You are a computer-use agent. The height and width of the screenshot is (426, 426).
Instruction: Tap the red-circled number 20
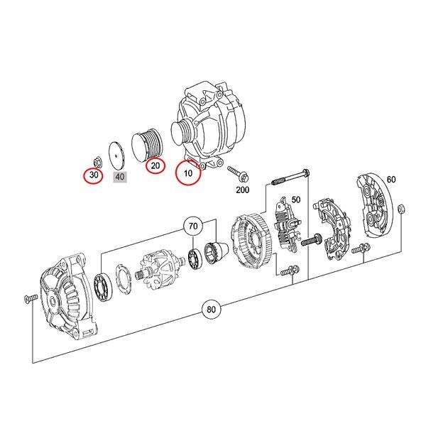point(153,167)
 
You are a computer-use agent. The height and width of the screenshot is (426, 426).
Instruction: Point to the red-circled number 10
point(188,173)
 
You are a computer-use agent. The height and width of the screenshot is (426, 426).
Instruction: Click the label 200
point(242,190)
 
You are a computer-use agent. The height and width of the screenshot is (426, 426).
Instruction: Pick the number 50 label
point(296,201)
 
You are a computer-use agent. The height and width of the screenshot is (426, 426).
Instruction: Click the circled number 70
point(192,226)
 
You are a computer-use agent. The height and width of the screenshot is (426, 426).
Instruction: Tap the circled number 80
point(212,310)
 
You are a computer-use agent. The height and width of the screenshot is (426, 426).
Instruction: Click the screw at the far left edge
point(29,297)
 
